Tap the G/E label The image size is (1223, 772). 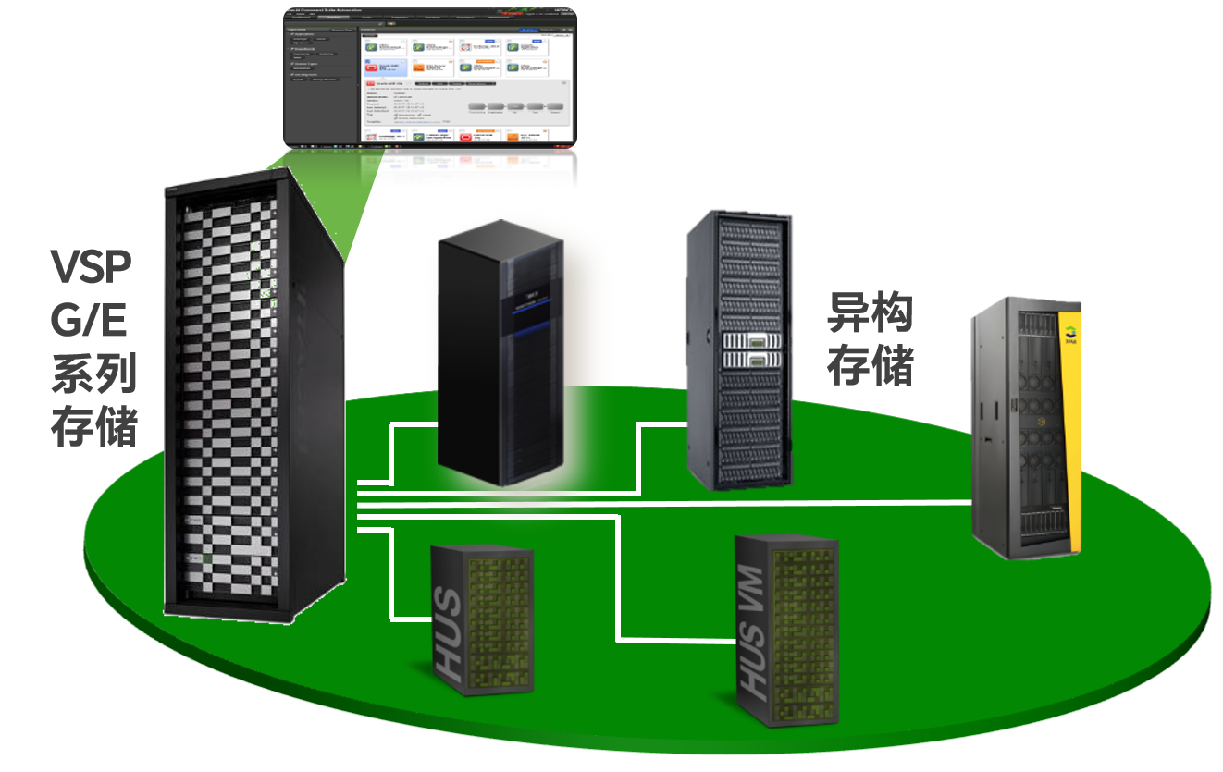click(x=89, y=323)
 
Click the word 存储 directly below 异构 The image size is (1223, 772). click(x=869, y=365)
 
